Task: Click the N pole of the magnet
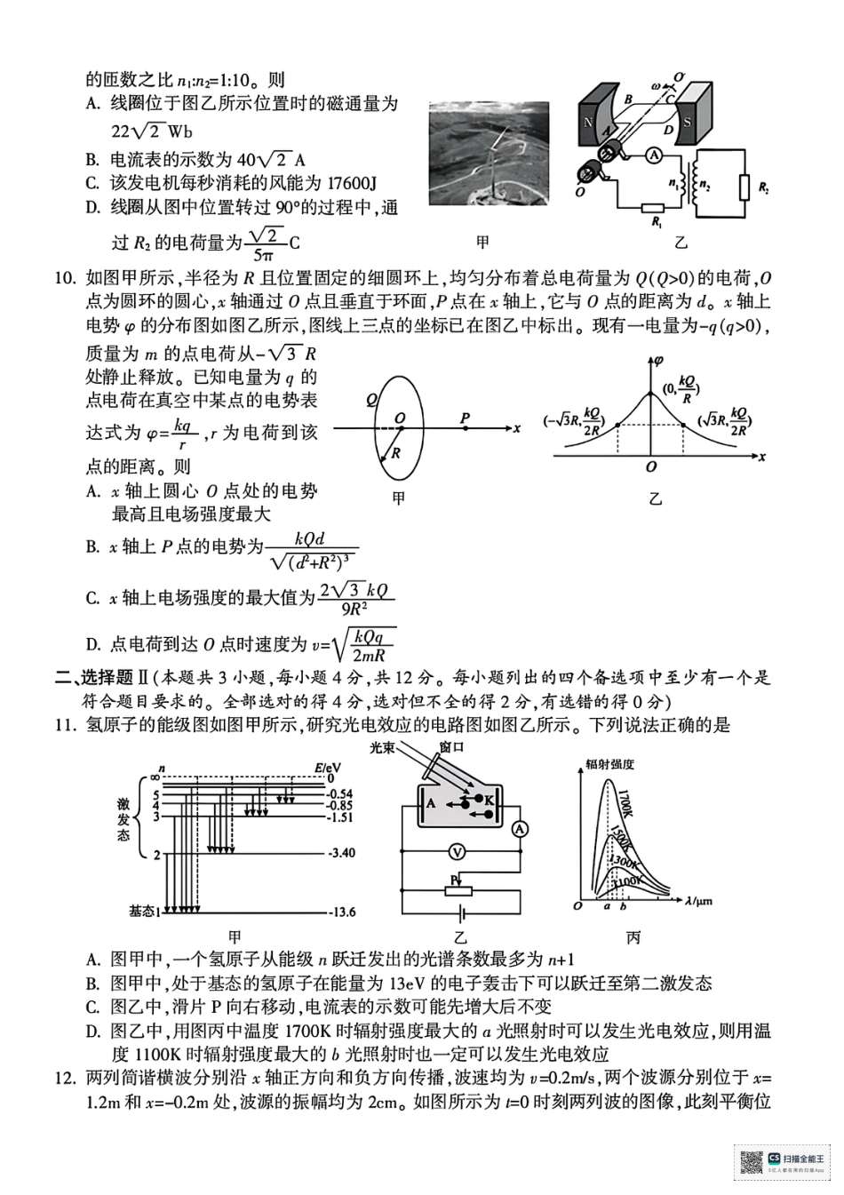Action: tap(587, 123)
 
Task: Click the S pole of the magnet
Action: tap(687, 122)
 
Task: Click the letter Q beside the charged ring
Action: tap(370, 400)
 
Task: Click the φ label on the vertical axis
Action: tap(658, 360)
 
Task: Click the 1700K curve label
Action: tap(624, 802)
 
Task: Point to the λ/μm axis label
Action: tap(698, 903)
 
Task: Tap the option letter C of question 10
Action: tap(92, 599)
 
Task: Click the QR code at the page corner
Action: tap(752, 1163)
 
